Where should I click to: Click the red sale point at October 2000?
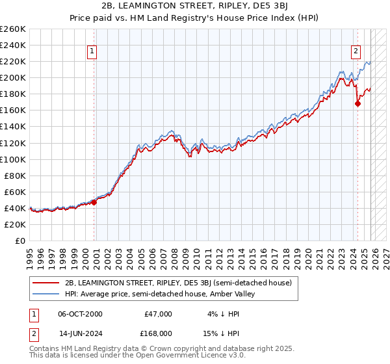[x=94, y=202]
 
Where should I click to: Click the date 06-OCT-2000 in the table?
[x=80, y=314]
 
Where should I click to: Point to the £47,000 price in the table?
[x=158, y=314]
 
